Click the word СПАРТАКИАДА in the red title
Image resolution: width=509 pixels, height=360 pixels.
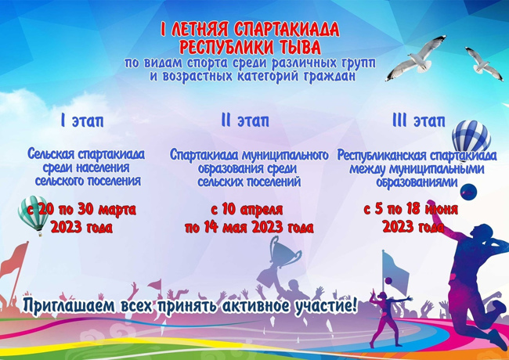coord(287,30)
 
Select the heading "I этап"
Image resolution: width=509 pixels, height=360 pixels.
coord(82,121)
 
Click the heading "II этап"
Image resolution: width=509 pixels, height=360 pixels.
coord(245,121)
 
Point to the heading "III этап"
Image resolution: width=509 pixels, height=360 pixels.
coord(418,121)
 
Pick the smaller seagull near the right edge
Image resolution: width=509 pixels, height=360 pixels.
coord(484,63)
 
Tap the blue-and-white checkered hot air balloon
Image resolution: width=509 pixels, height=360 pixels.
coord(471,138)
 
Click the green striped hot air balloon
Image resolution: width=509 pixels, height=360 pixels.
coord(34,214)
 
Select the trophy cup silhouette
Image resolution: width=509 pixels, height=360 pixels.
coord(282,252)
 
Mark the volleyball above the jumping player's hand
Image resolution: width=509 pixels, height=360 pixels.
coord(469,192)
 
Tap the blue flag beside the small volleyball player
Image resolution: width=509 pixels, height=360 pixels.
coord(395,268)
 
